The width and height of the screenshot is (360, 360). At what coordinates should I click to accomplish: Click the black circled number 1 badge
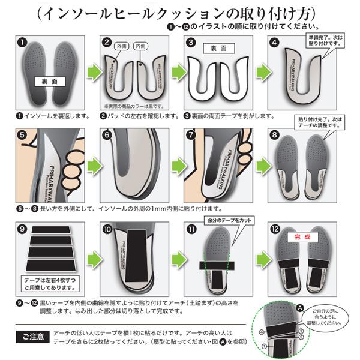(22, 43)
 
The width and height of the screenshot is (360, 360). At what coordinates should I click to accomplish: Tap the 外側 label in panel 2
(121, 45)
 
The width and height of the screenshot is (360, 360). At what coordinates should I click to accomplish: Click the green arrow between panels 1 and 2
(90, 72)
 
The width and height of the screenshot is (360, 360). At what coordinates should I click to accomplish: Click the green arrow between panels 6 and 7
(174, 164)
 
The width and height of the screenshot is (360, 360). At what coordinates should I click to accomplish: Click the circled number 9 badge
(22, 229)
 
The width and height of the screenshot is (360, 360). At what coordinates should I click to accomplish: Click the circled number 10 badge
(107, 229)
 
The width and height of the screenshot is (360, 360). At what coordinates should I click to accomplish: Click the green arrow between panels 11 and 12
(259, 259)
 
